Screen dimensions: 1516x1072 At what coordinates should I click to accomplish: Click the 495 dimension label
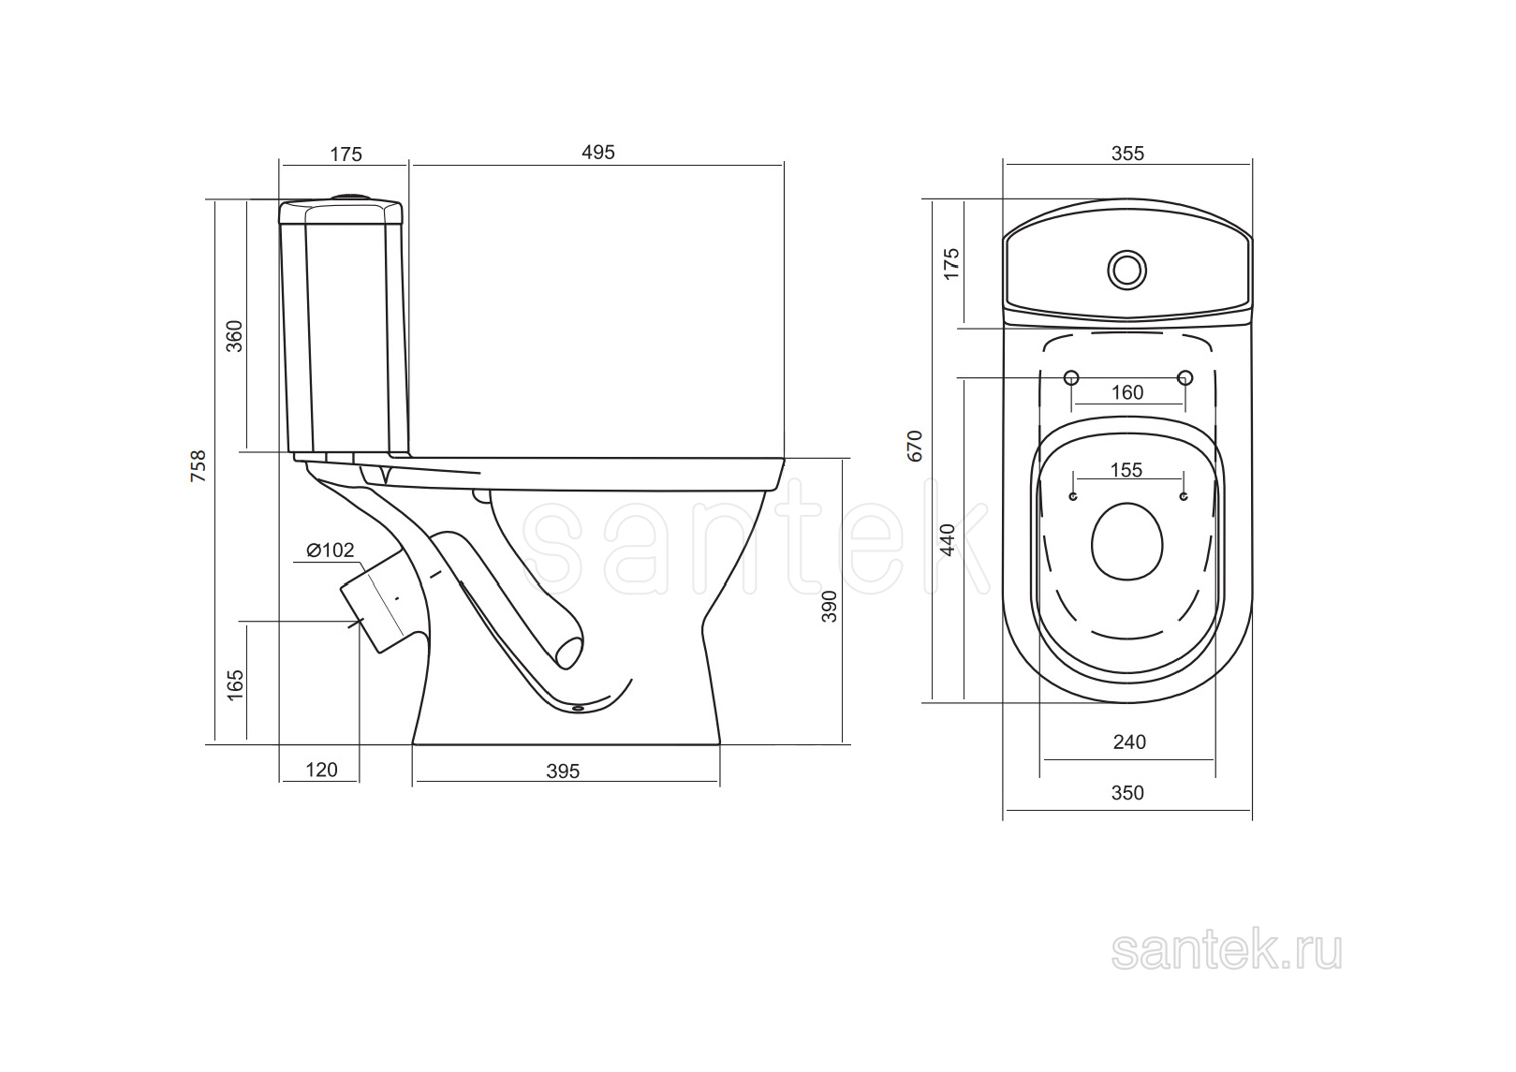tap(597, 153)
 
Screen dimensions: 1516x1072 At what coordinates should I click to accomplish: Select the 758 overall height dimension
tap(199, 465)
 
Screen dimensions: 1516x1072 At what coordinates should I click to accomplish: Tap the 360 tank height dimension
tap(234, 336)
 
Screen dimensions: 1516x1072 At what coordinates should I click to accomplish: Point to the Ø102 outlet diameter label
tap(331, 551)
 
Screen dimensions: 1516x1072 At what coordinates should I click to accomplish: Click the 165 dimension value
tap(235, 685)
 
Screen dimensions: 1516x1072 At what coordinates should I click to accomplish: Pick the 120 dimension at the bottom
tap(321, 770)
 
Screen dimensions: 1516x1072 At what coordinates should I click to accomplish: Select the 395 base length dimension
tap(563, 771)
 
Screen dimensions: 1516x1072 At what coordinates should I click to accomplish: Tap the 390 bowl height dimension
tap(829, 607)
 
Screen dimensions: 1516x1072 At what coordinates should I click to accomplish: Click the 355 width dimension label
tap(1127, 154)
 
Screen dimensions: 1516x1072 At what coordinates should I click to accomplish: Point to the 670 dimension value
tap(914, 446)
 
